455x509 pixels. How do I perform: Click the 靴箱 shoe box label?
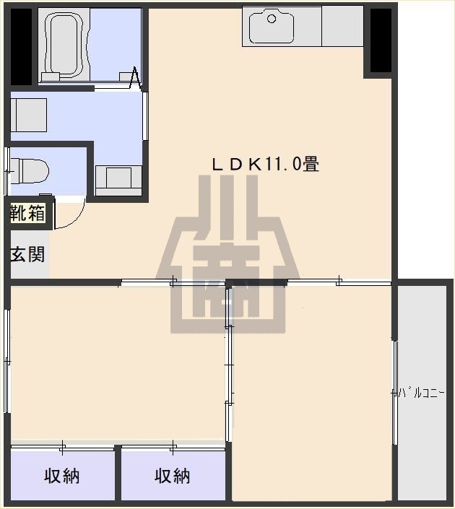[x=27, y=213]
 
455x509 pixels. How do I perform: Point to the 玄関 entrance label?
[x=27, y=254]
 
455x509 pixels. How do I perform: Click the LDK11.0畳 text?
[x=264, y=164]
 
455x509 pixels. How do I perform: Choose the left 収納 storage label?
[x=62, y=476]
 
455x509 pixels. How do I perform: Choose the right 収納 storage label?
[x=173, y=476]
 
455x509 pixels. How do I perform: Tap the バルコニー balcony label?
[x=421, y=393]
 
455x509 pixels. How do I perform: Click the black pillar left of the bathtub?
[x=21, y=47]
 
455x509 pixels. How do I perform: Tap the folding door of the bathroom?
[x=134, y=78]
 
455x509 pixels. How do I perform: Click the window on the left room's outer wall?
[x=6, y=361]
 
